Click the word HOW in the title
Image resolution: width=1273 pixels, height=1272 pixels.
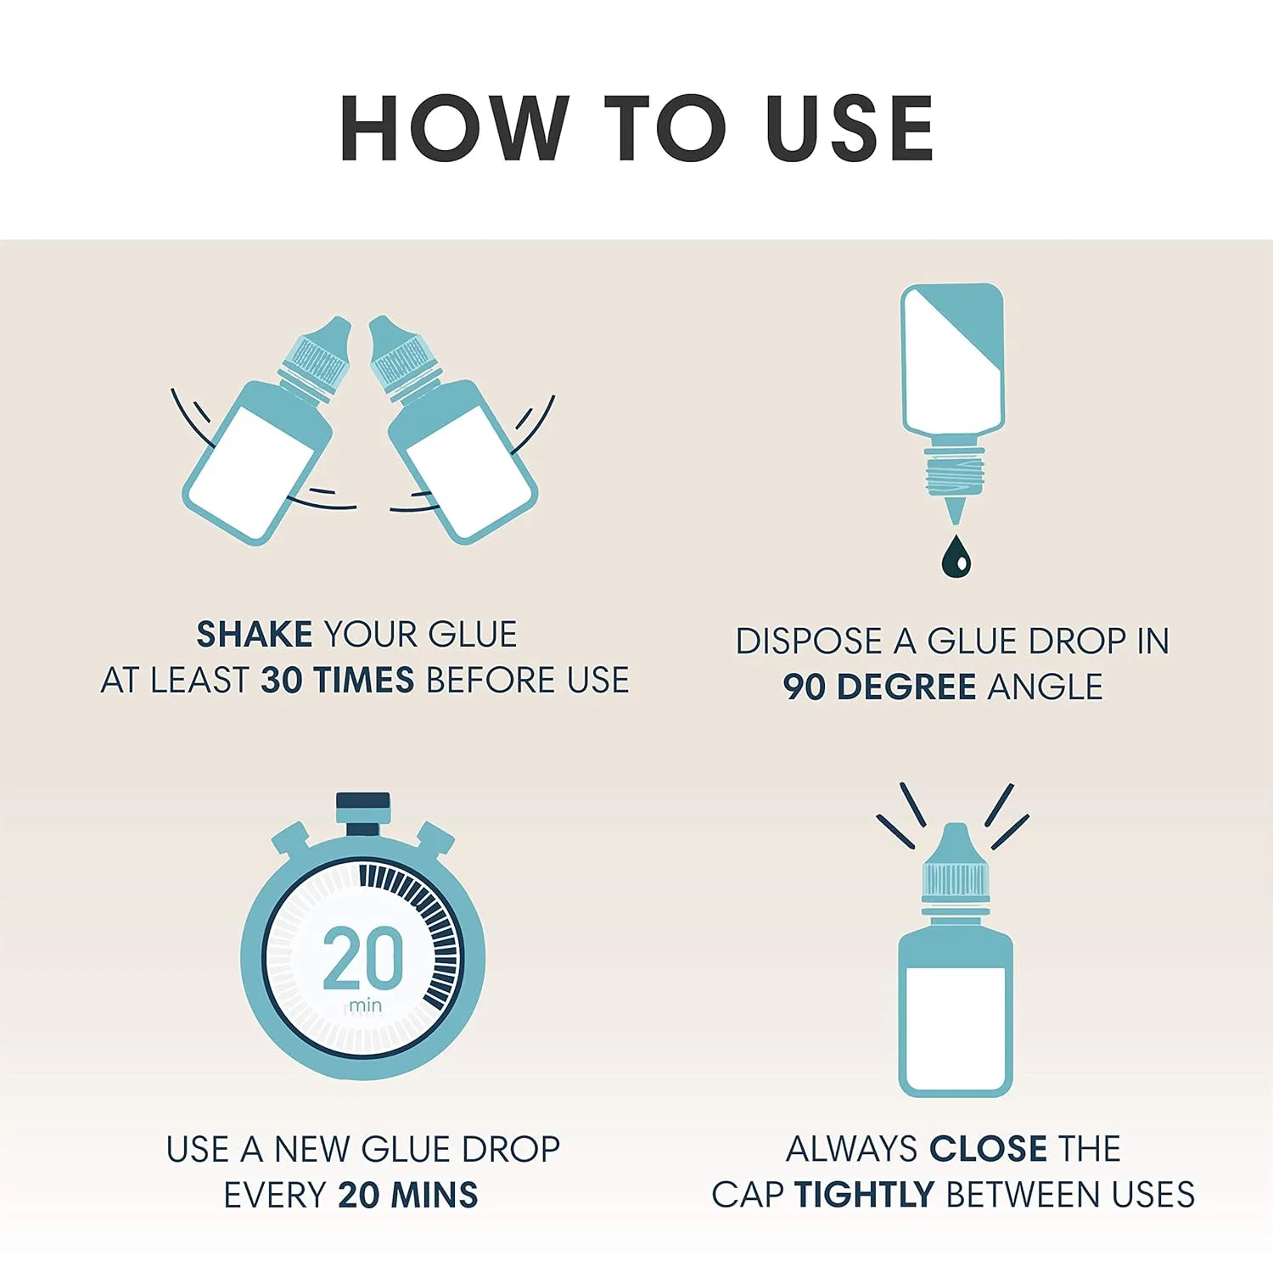(454, 128)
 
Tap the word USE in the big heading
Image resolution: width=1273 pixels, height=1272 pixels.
(850, 128)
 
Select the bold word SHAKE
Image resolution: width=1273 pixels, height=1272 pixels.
(255, 635)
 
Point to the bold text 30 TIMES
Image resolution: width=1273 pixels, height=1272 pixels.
(338, 681)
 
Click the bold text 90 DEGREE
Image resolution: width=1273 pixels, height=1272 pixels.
(879, 687)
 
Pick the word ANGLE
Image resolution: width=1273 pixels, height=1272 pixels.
(1046, 687)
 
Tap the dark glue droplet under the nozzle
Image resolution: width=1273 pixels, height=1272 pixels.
(956, 556)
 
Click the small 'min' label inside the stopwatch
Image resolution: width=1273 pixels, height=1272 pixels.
(366, 1006)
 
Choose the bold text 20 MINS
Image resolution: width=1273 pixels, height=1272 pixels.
(408, 1195)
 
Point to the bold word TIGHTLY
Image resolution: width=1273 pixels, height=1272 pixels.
(864, 1195)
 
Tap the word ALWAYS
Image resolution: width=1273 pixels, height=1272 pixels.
(851, 1149)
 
